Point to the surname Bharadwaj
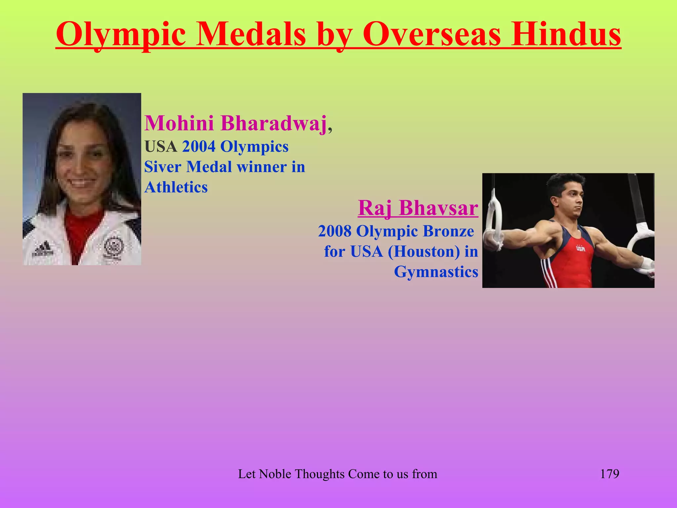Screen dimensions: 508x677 pyautogui.click(x=274, y=123)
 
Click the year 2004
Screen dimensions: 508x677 pyautogui.click(x=199, y=147)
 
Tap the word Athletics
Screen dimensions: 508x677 pyautogui.click(x=176, y=187)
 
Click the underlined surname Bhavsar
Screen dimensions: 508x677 pyautogui.click(x=438, y=208)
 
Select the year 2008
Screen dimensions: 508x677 pyautogui.click(x=335, y=231)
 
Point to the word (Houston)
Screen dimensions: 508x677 pyautogui.click(x=424, y=251)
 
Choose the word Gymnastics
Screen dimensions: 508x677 pyautogui.click(x=436, y=272)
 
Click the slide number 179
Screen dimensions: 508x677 pyautogui.click(x=609, y=474)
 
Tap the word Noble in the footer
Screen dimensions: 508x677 pyautogui.click(x=275, y=474)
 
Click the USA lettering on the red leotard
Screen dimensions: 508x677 pyautogui.click(x=580, y=248)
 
